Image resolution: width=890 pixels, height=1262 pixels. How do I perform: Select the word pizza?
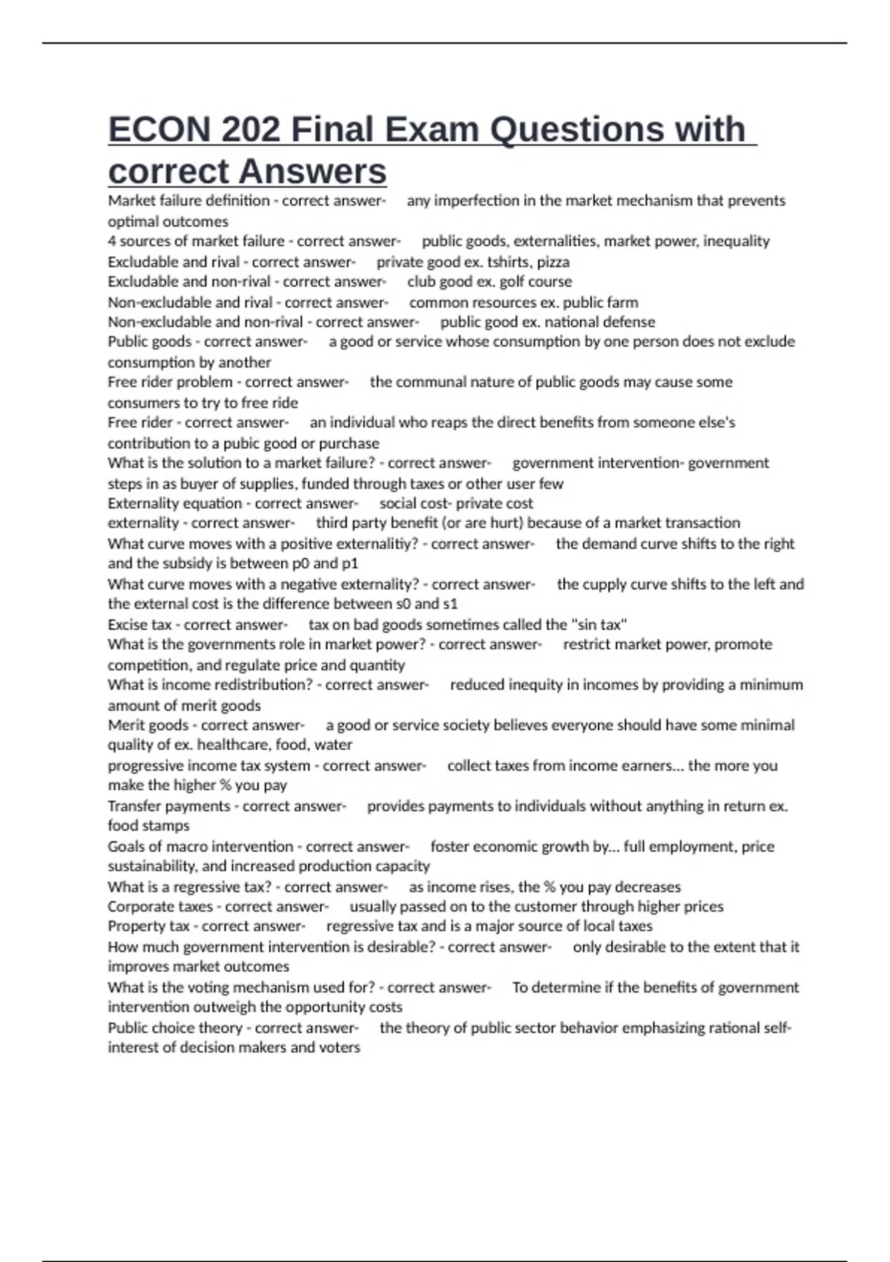553,262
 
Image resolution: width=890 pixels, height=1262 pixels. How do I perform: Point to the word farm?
624,302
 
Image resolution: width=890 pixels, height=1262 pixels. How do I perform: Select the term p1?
349,563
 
